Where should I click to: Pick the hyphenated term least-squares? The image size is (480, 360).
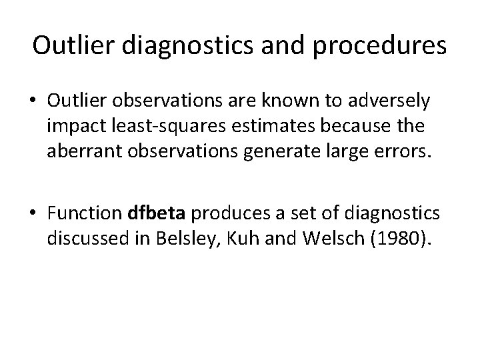(x=145, y=123)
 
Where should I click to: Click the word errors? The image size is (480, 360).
(x=399, y=146)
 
